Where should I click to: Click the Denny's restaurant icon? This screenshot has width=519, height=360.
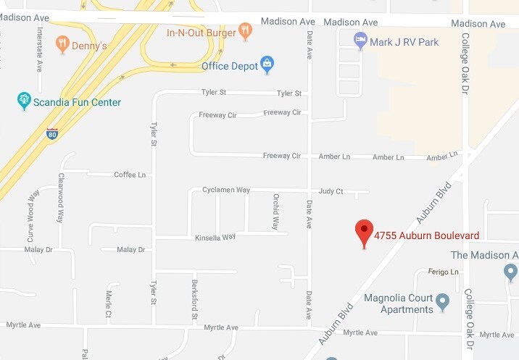coord(62,44)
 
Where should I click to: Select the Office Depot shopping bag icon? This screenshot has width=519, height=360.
coord(267,65)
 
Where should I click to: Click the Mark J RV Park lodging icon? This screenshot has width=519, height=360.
coord(360,41)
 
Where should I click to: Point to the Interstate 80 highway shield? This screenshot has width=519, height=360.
coord(51,133)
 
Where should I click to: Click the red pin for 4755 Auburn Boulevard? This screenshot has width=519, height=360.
coord(364,233)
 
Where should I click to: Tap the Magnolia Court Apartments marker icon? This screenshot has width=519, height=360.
coord(444,300)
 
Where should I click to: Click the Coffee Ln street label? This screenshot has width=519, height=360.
coord(130,175)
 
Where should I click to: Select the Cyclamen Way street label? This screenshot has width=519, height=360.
coord(226,190)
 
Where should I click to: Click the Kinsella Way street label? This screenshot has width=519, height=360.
coord(215,237)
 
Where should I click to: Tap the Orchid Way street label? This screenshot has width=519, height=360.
coord(275,212)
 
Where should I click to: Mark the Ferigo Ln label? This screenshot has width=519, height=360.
coord(445,272)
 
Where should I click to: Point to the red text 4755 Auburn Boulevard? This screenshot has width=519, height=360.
coord(426,235)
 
